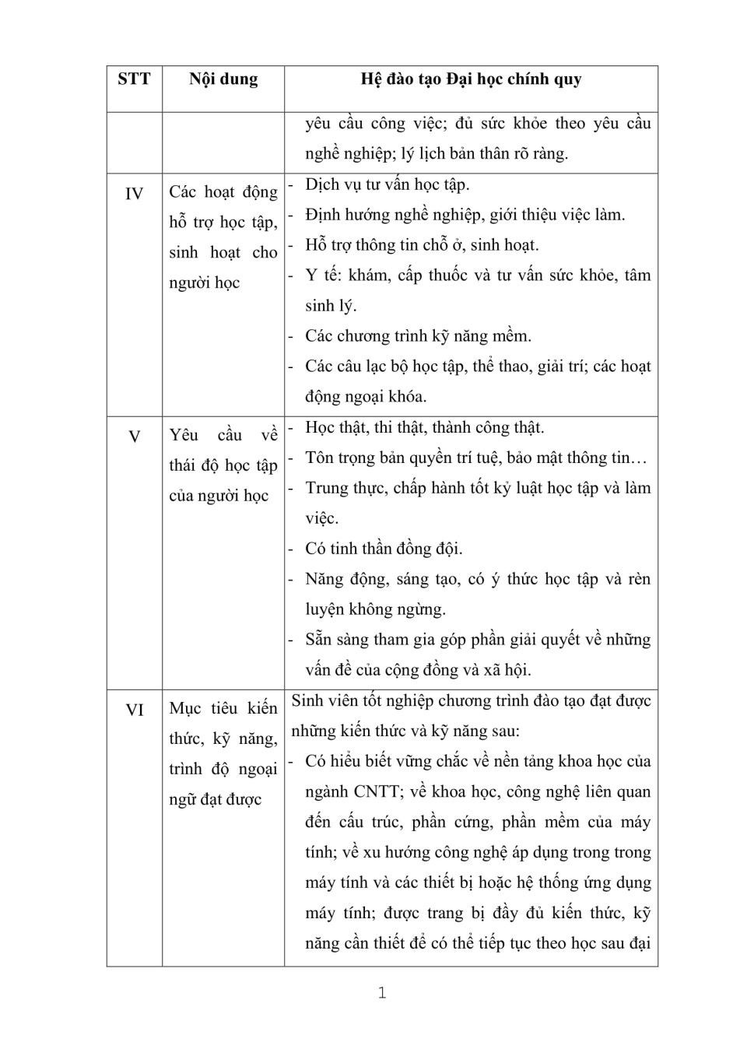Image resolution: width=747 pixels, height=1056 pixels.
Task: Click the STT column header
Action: [134, 79]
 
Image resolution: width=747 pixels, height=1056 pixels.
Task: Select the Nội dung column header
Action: [223, 79]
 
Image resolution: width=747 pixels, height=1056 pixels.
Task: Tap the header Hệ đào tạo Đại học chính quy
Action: [471, 79]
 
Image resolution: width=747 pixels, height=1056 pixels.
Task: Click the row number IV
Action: [134, 194]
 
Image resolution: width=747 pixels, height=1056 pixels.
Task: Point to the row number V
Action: [134, 437]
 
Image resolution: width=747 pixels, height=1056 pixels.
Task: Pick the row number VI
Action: [134, 710]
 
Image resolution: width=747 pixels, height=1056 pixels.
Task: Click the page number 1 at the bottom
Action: [382, 993]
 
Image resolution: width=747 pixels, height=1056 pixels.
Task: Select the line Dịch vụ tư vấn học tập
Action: [387, 184]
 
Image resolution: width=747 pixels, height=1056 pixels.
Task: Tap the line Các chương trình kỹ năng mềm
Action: [418, 336]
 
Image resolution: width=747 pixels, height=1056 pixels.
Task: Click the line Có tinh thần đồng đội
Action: [384, 549]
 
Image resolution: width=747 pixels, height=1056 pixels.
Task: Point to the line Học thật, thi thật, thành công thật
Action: [425, 427]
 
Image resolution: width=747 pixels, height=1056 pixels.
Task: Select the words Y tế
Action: [322, 275]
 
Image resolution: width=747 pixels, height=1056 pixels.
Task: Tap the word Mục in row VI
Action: [185, 708]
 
